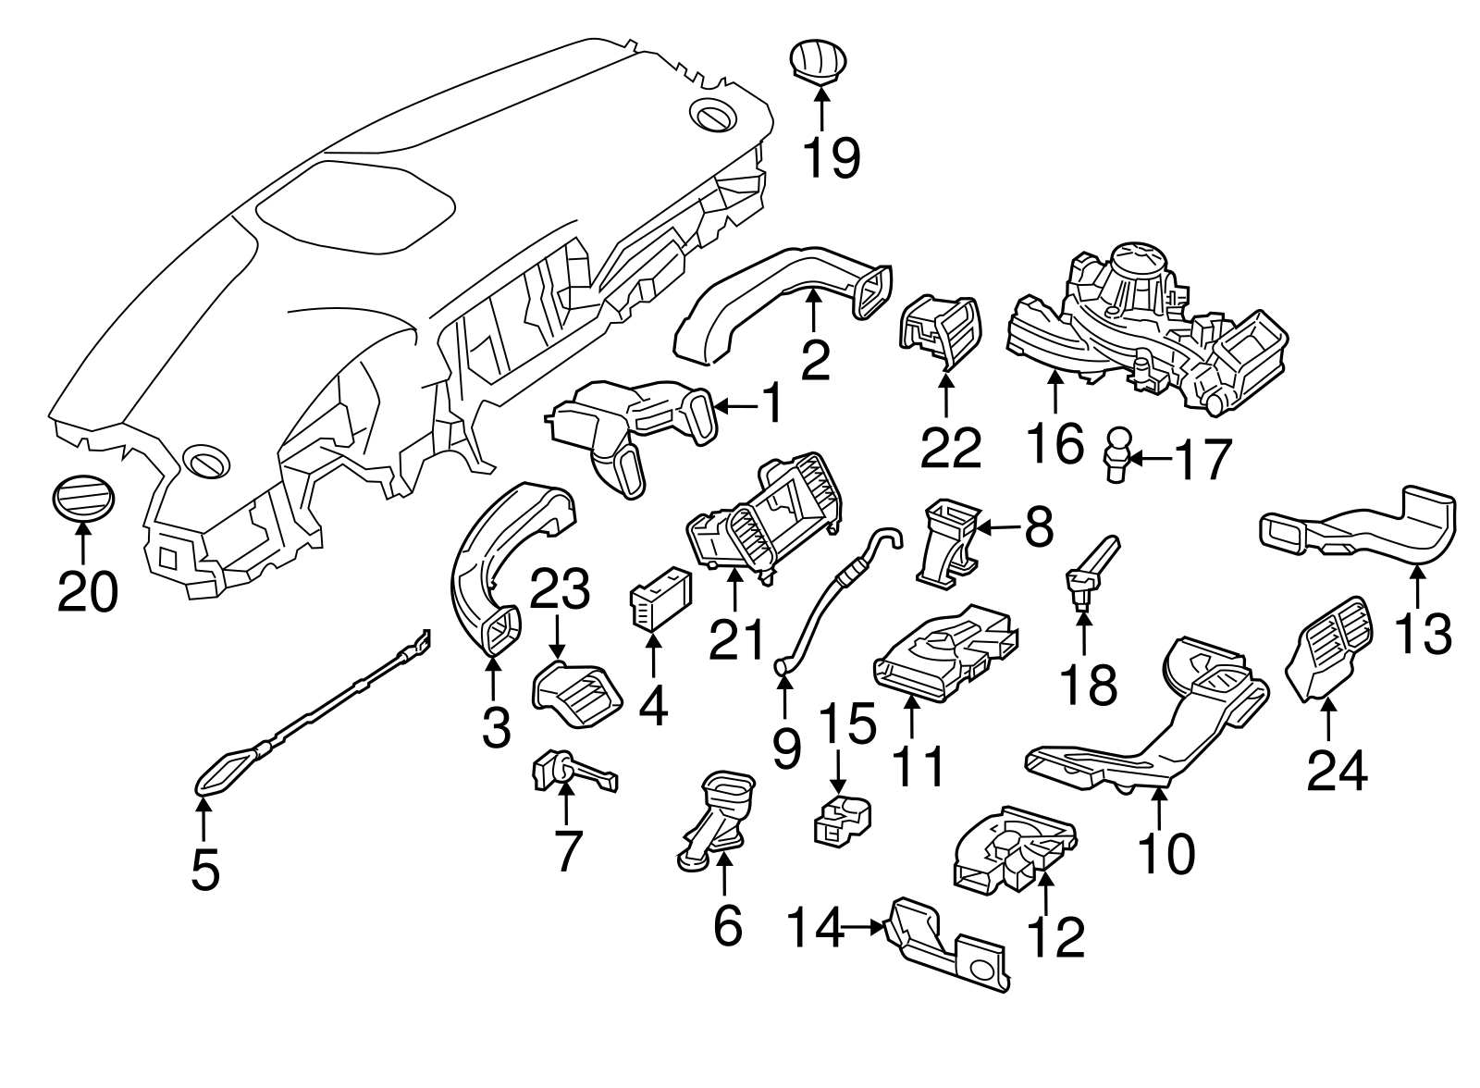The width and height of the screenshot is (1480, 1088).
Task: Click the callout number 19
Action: [x=831, y=158]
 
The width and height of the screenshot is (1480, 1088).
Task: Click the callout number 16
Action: [x=1056, y=444]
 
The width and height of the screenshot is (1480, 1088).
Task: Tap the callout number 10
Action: [x=1166, y=854]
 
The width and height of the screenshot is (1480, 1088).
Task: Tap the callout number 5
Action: [x=205, y=870]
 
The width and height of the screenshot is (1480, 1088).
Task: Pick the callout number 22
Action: [x=949, y=448]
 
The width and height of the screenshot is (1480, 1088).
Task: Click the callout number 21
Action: [x=736, y=639]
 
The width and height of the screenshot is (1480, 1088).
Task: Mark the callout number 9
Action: [x=786, y=748]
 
